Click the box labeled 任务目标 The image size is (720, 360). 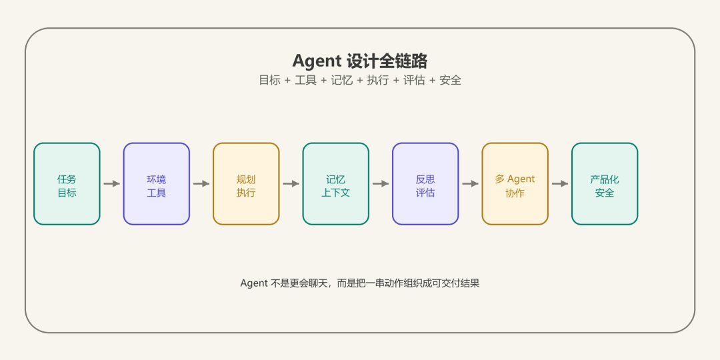coord(67,184)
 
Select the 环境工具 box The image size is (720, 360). coord(157,184)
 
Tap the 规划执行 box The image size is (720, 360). coord(246,184)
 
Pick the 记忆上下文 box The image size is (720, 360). coord(335,184)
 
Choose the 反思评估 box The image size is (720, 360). coord(425,184)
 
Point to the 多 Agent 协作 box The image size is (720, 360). coord(515,184)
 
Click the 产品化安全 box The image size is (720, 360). coord(605,184)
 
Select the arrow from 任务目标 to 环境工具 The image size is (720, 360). coord(111,184)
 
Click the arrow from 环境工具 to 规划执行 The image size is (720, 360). coord(201,184)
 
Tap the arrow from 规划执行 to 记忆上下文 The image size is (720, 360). coord(291,184)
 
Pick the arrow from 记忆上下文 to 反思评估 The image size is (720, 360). coord(381,184)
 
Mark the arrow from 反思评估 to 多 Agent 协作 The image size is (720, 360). coord(470,184)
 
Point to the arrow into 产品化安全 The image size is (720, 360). coord(560,184)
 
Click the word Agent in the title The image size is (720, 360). coord(317,61)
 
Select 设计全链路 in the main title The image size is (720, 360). coord(387,61)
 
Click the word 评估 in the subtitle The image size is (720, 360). coord(414,81)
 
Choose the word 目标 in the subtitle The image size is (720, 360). coord(269,81)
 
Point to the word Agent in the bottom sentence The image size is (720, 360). coord(254,283)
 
